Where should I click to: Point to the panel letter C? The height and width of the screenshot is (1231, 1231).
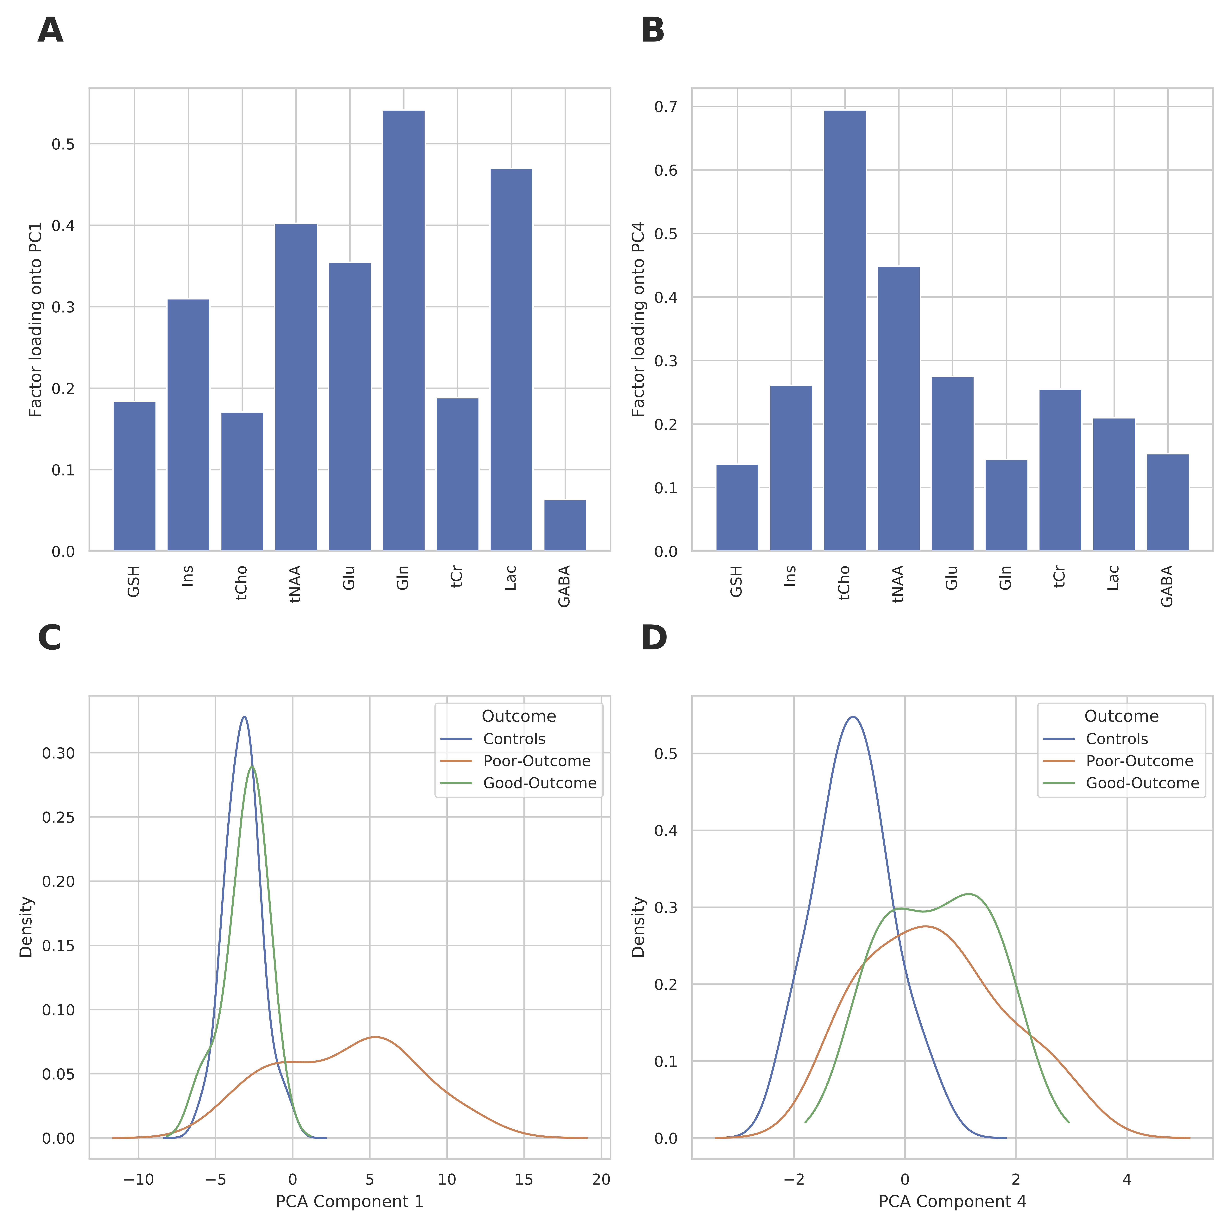point(50,638)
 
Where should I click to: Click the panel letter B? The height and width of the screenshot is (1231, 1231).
point(653,31)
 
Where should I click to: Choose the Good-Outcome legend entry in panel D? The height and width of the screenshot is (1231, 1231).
point(1142,783)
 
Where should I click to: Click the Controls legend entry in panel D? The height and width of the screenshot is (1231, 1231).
point(1116,739)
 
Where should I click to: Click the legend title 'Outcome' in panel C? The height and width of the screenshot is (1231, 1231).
point(519,716)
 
